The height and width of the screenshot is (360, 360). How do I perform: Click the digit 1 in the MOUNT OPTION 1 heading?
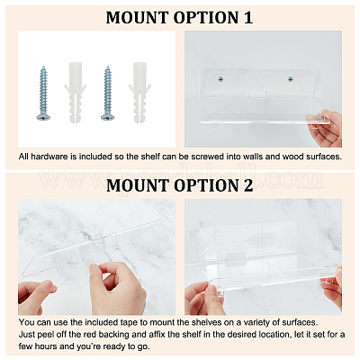coord(247,17)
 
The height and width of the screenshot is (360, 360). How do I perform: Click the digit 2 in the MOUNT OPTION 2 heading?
coord(247,185)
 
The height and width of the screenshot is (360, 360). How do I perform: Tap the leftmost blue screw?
coord(43,93)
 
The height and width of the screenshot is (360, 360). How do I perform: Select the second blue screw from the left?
coord(107,93)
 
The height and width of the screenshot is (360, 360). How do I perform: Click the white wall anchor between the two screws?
coord(76,93)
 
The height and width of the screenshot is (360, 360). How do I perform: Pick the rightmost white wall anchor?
coord(139,93)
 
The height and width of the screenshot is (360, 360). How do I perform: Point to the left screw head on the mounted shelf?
coord(220,79)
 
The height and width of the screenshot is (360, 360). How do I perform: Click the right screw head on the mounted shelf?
coord(290,79)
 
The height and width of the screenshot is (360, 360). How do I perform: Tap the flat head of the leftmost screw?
coord(43,117)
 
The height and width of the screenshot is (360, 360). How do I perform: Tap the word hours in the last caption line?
coord(46,346)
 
